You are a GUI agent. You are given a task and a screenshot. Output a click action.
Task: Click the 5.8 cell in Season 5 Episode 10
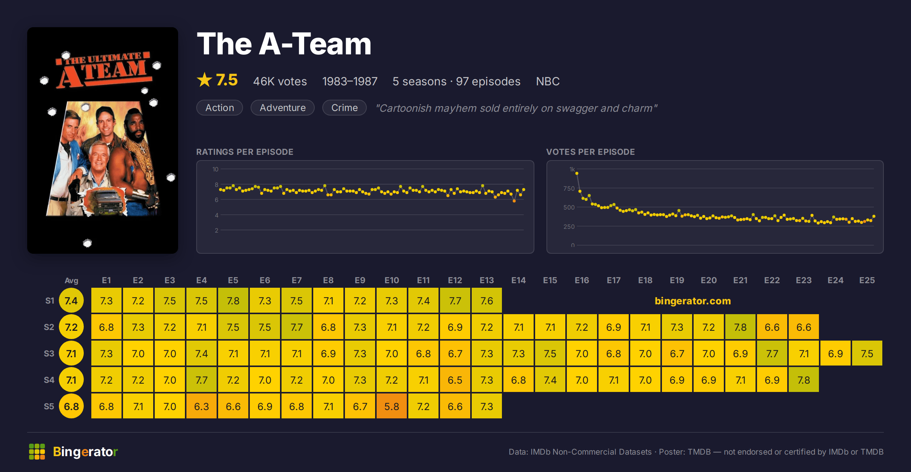pyautogui.click(x=392, y=406)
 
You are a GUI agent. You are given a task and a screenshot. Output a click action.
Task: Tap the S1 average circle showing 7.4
pyautogui.click(x=71, y=300)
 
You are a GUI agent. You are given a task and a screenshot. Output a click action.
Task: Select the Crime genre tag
pyautogui.click(x=345, y=108)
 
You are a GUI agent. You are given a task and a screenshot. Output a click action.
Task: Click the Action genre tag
pyautogui.click(x=220, y=108)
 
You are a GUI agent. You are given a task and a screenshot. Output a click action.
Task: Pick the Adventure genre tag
pyautogui.click(x=283, y=108)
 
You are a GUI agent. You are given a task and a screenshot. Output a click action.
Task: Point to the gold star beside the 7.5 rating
pyautogui.click(x=205, y=80)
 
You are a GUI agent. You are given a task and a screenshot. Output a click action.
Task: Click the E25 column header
pyautogui.click(x=867, y=280)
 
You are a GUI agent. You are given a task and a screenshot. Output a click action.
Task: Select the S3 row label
pyautogui.click(x=49, y=353)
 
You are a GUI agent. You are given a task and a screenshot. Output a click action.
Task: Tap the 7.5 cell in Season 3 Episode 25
pyautogui.click(x=867, y=353)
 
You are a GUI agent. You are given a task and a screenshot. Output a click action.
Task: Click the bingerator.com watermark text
pyautogui.click(x=693, y=301)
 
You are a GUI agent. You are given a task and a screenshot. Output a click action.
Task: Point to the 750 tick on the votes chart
pyautogui.click(x=569, y=188)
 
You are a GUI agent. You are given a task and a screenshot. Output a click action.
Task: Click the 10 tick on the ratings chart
pyautogui.click(x=215, y=169)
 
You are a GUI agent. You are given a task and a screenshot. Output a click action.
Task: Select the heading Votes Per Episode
pyautogui.click(x=591, y=152)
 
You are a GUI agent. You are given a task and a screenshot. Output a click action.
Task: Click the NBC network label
pyautogui.click(x=548, y=81)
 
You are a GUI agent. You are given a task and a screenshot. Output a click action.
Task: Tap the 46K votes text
pyautogui.click(x=280, y=81)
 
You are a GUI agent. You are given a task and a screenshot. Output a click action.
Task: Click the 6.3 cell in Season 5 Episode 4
pyautogui.click(x=202, y=406)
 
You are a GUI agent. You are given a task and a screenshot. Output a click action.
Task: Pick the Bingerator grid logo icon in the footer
pyautogui.click(x=37, y=452)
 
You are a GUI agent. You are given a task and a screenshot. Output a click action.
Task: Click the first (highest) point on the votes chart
pyautogui.click(x=577, y=173)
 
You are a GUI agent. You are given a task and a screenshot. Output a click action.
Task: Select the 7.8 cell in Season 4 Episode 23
pyautogui.click(x=804, y=379)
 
